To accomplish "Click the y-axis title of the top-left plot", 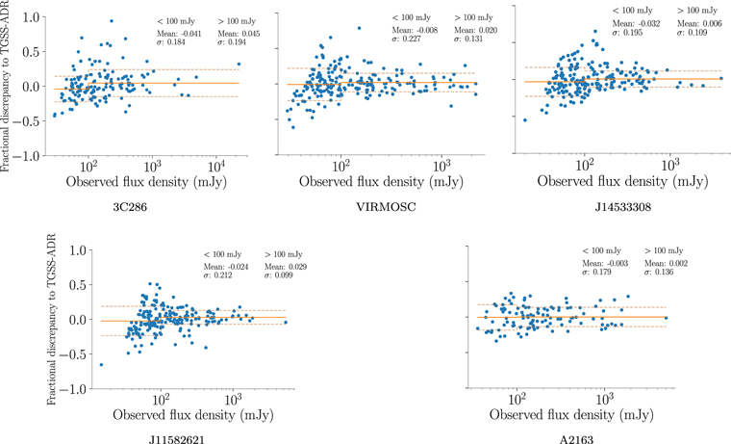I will (8, 85).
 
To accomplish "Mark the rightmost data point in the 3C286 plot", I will (239, 65).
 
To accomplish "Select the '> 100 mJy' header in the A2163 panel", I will (661, 250).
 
